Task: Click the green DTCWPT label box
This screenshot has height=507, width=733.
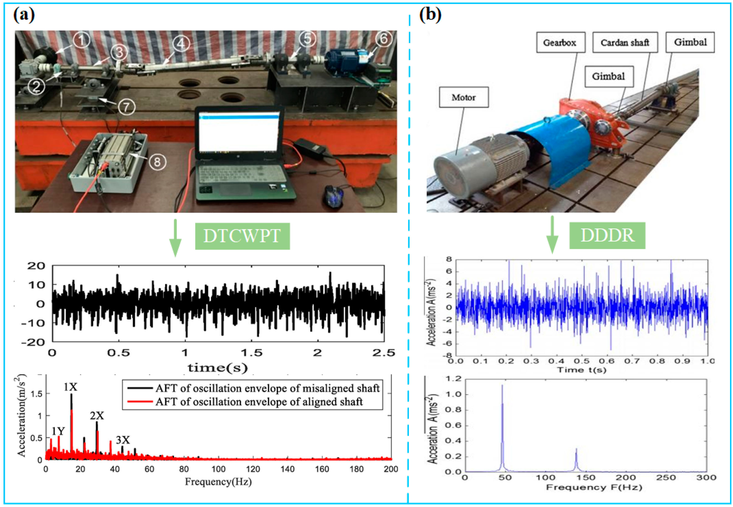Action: click(x=242, y=236)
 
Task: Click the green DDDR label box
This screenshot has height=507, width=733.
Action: click(x=607, y=235)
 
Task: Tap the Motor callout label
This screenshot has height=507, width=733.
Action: click(x=464, y=97)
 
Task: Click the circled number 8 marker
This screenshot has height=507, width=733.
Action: click(x=157, y=162)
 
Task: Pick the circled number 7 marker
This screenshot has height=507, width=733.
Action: click(x=126, y=107)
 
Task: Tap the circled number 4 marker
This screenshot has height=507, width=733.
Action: click(x=181, y=44)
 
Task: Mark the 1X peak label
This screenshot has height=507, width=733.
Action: click(x=70, y=387)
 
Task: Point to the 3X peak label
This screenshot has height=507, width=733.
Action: click(x=123, y=440)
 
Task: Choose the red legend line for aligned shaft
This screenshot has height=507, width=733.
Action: click(x=140, y=402)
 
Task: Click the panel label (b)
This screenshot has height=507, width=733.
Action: click(x=430, y=15)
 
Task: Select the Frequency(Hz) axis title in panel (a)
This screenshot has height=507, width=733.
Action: click(x=218, y=482)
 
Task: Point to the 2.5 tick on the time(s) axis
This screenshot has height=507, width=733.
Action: click(x=384, y=353)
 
